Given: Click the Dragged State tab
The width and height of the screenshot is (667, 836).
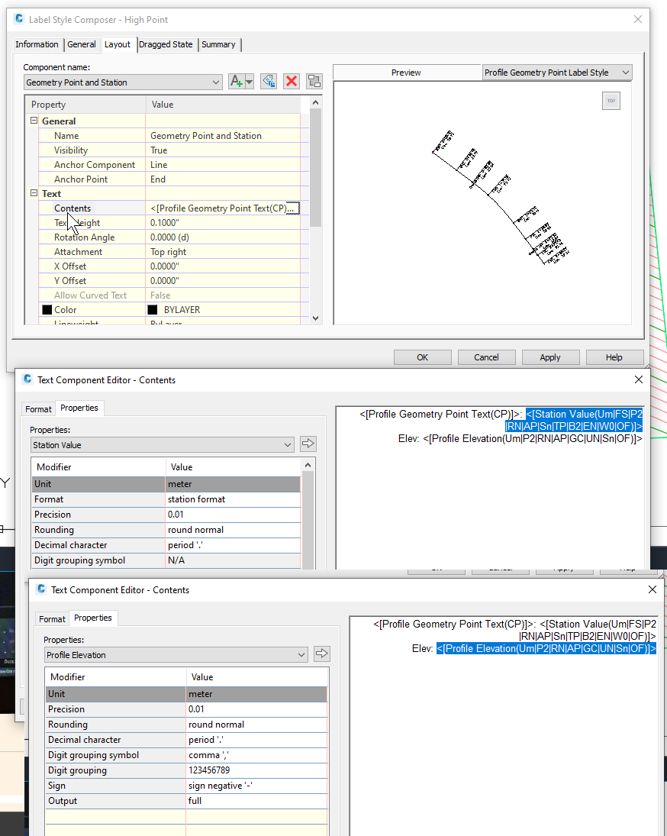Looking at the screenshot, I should point(166,44).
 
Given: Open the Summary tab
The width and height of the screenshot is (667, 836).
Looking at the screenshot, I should point(218,44).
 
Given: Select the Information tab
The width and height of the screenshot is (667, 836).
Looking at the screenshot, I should point(37,44).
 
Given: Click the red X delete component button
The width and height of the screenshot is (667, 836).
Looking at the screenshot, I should point(291,82).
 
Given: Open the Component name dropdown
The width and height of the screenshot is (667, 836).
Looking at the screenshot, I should point(123,82).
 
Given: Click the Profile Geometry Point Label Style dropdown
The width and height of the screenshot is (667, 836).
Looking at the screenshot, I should point(557,73).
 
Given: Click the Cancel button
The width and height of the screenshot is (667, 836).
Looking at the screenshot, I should point(486,357).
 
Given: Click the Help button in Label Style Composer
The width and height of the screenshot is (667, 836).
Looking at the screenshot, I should point(614,357).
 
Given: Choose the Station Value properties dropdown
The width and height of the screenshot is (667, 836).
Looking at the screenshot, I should point(162,445).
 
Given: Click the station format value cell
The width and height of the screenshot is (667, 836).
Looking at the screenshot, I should point(233,499).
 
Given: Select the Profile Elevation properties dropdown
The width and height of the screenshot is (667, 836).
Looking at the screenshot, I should point(176,655).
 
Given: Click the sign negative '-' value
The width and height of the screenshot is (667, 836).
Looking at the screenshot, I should point(256,786).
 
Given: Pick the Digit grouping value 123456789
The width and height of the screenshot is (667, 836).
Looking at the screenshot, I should point(256,770).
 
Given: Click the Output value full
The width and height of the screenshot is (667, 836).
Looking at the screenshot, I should point(256,801).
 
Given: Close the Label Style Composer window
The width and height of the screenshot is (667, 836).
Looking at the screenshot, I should point(636,19).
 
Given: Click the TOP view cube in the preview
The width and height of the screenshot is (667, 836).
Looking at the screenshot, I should point(611,101).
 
